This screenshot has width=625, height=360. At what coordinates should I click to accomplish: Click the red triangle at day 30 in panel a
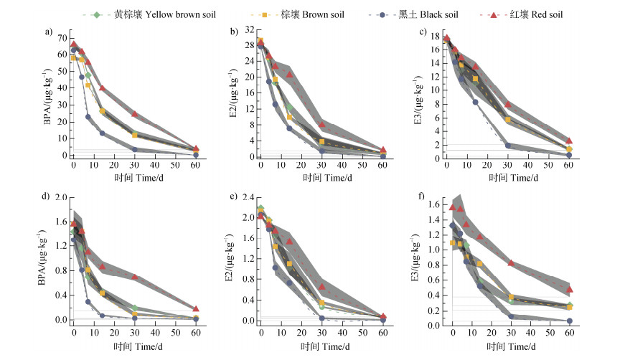pos(135,114)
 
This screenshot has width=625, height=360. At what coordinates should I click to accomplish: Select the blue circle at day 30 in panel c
pos(508,146)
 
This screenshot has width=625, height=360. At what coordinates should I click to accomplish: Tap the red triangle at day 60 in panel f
pos(569,290)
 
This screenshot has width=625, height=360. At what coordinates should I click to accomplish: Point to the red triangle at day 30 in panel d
pos(135,277)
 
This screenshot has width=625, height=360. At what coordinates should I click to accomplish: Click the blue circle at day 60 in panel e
pos(382,320)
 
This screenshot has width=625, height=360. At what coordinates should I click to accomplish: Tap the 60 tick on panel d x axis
pos(196,333)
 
